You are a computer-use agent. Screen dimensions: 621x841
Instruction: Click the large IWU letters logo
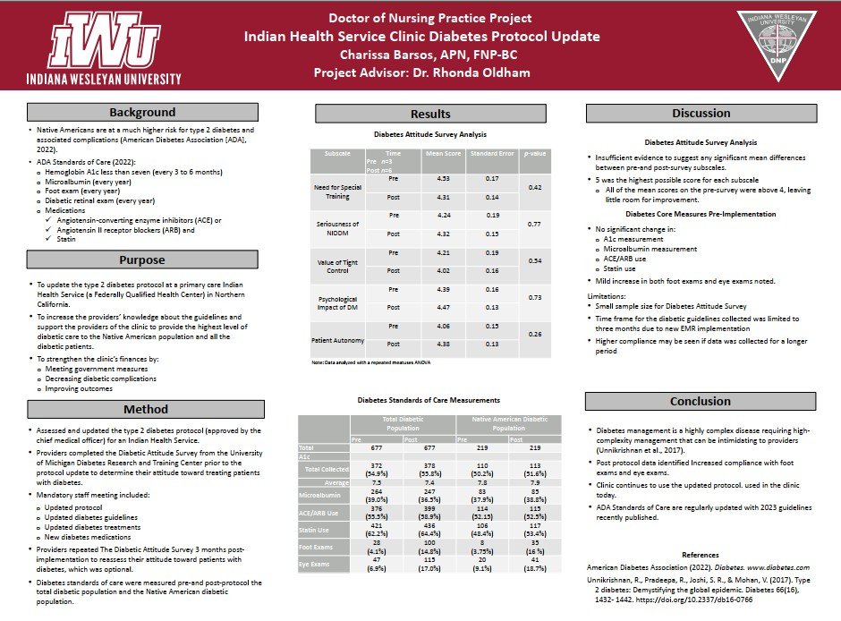point(111,40)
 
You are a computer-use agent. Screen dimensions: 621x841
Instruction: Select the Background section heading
point(142,113)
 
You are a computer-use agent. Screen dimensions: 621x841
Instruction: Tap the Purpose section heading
point(142,260)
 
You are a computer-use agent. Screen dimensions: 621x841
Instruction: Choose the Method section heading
point(142,410)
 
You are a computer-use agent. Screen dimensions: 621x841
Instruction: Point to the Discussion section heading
point(701,114)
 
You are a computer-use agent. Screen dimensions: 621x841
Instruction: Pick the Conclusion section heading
point(701,401)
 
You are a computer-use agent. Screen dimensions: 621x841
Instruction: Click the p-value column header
point(535,154)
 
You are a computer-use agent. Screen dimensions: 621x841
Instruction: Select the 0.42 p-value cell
point(535,187)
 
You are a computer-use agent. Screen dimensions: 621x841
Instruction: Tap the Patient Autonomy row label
point(336,340)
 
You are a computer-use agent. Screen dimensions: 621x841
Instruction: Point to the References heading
point(700,556)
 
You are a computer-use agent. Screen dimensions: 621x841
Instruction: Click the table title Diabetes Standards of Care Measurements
point(429,400)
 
